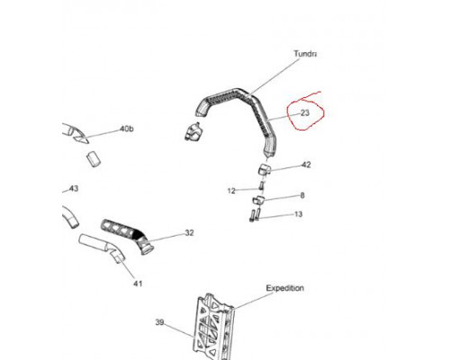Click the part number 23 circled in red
click(x=305, y=113)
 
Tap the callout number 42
click(x=306, y=165)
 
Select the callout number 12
click(x=231, y=191)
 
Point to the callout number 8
click(x=302, y=195)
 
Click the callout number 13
click(x=299, y=214)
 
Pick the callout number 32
click(x=189, y=233)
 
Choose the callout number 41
click(x=138, y=283)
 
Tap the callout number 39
click(x=159, y=322)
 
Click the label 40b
click(x=127, y=129)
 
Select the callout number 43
click(x=74, y=189)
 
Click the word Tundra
click(x=305, y=54)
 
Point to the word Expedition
click(x=285, y=288)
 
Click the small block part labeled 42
click(x=265, y=169)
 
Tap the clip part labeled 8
click(x=258, y=200)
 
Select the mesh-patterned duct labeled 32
click(x=128, y=236)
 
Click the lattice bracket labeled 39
click(x=215, y=327)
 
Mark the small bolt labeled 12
click(x=261, y=185)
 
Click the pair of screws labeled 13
click(x=255, y=215)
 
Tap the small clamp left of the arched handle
click(x=193, y=131)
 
